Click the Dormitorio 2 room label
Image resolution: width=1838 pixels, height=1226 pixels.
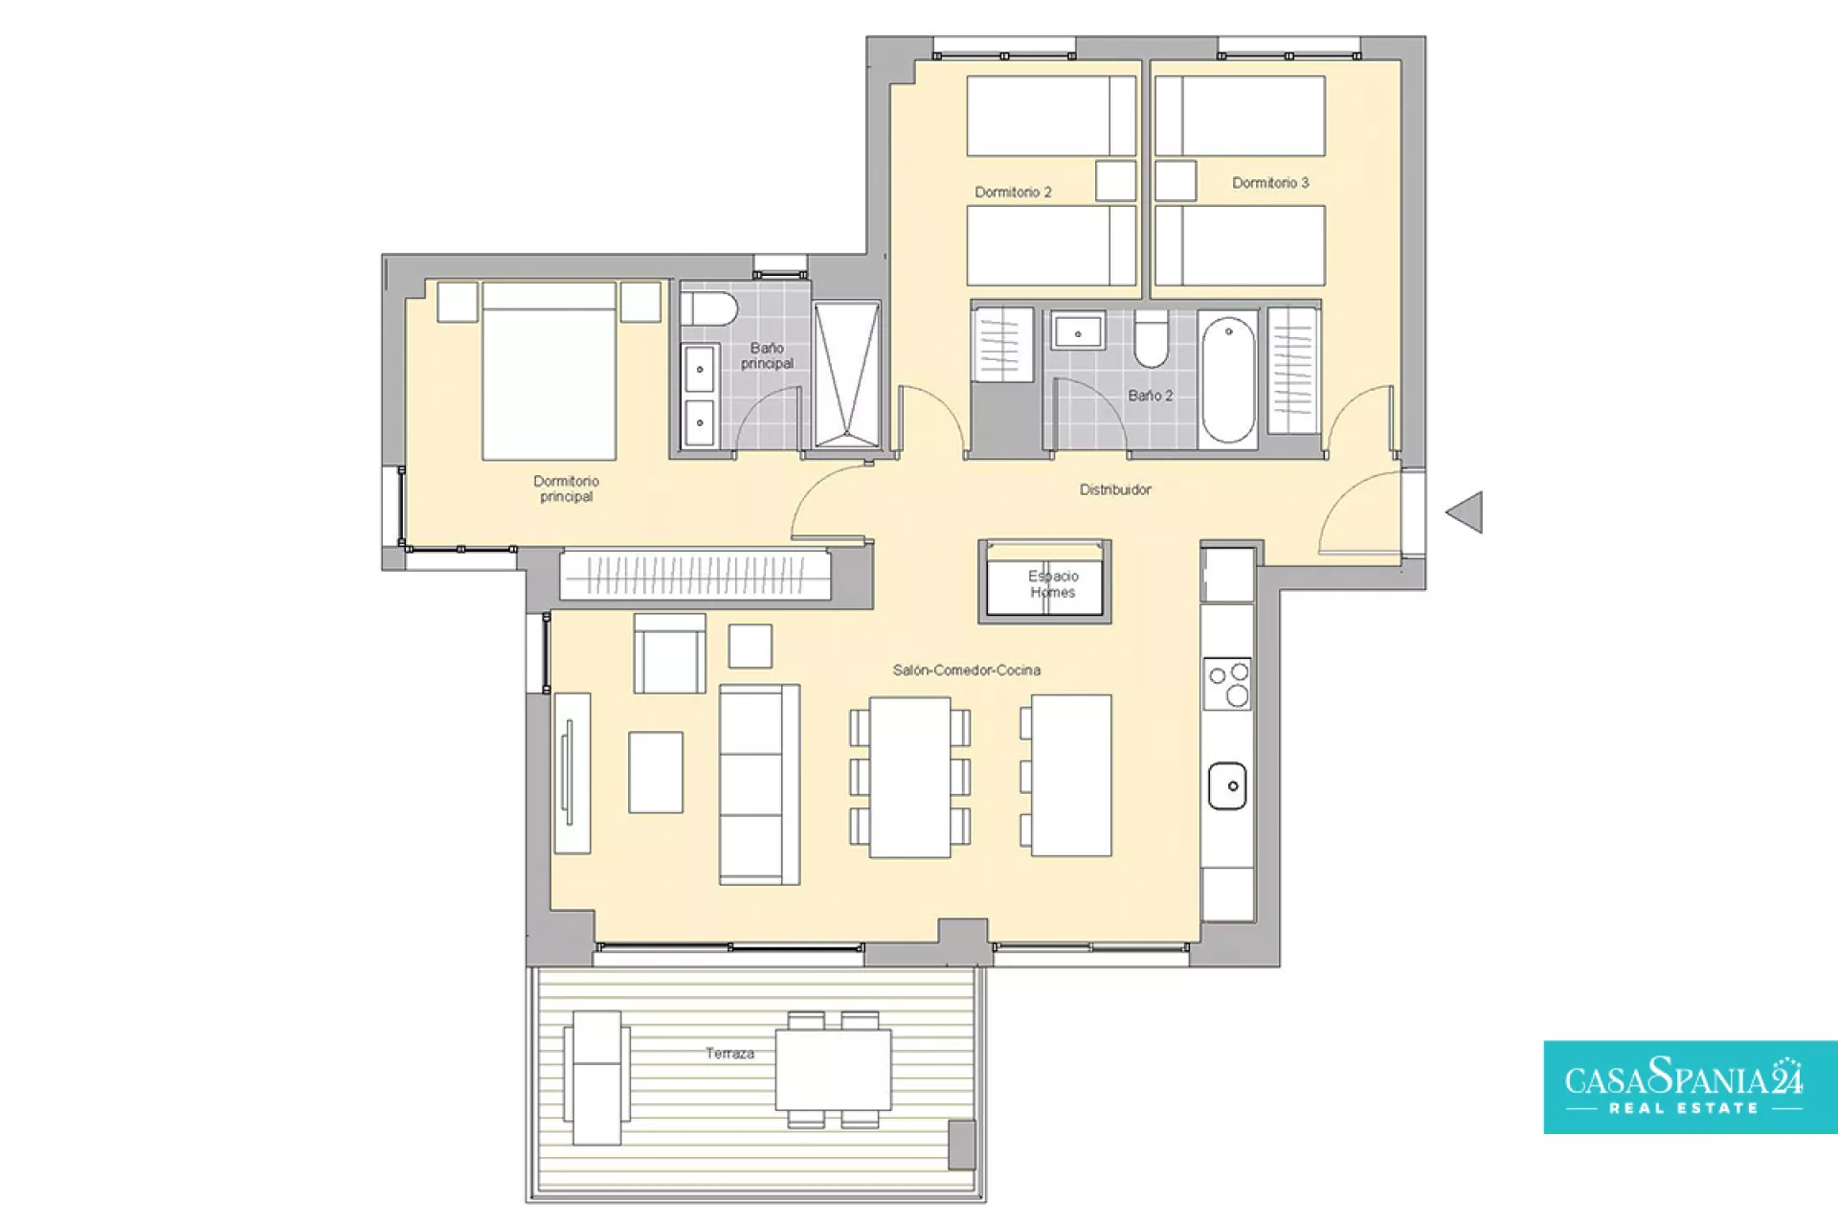point(1013,193)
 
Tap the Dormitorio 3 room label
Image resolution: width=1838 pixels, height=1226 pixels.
point(1270,183)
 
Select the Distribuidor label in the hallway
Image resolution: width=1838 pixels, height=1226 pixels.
point(1115,489)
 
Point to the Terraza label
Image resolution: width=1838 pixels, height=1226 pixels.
point(729,1054)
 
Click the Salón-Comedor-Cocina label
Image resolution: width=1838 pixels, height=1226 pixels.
point(966,670)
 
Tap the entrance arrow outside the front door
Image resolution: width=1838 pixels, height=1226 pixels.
point(1465,512)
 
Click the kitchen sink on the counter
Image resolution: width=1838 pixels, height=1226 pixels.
point(1227,786)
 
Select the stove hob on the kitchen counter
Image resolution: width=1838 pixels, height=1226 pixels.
point(1227,684)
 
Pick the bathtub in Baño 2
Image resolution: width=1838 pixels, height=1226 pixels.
point(1228,380)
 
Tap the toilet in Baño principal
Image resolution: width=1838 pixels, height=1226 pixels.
point(709,309)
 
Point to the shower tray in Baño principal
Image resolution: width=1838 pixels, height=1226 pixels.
point(846,375)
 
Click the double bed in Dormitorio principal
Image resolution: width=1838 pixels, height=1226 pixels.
point(549,371)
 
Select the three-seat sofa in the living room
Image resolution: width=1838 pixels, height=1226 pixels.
point(759,784)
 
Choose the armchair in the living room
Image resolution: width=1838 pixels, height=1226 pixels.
point(669,653)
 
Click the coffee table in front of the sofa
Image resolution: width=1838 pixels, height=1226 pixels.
point(656,772)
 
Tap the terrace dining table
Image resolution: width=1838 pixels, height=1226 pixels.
point(833,1069)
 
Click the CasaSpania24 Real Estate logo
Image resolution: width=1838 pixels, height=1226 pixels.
point(1691,1087)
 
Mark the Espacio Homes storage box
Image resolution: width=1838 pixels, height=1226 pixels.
point(1044,581)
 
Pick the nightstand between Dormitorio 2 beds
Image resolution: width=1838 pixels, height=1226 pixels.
point(1115,180)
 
